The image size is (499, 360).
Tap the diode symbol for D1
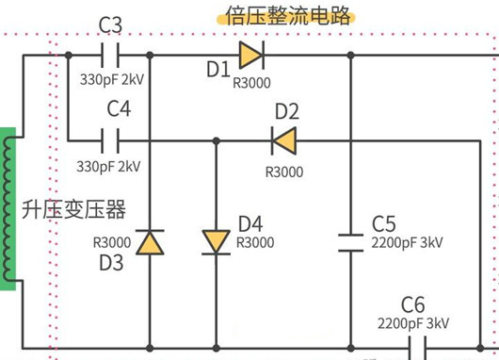click(250, 55)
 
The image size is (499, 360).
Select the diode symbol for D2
click(283, 140)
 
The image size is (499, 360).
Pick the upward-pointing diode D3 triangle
click(149, 242)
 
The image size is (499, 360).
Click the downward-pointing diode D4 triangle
click(216, 242)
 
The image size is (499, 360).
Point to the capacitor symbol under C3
click(110, 55)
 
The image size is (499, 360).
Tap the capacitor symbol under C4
click(111, 140)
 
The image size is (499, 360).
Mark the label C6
click(414, 304)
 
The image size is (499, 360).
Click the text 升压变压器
click(73, 209)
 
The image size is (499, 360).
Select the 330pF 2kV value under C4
click(109, 166)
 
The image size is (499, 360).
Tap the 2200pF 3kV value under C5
click(407, 242)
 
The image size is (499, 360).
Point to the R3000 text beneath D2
click(283, 172)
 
